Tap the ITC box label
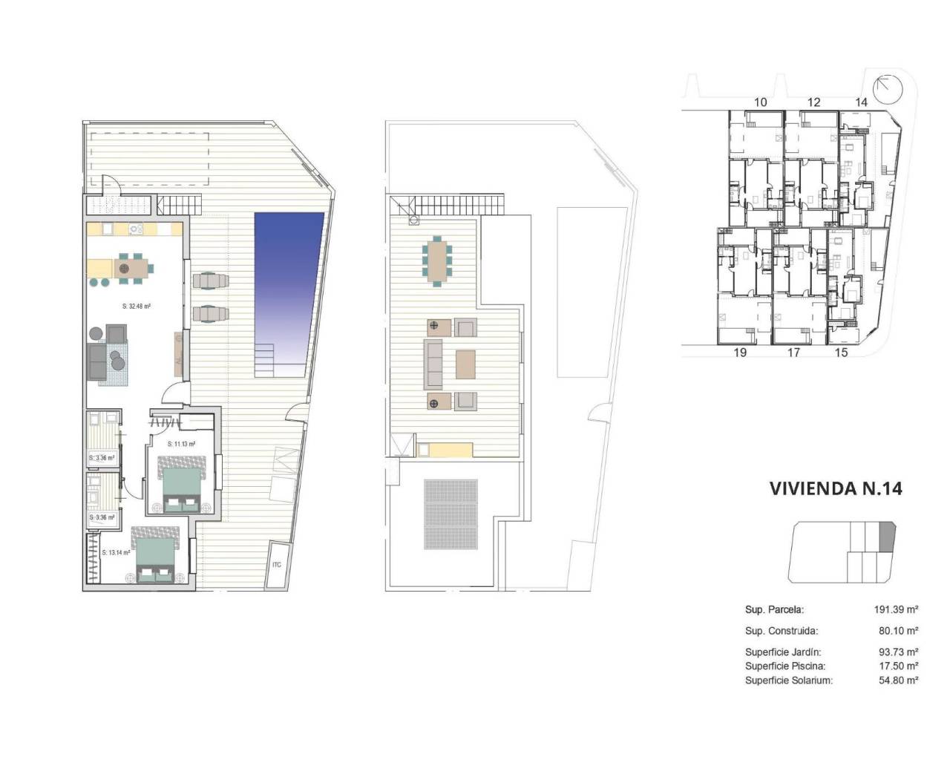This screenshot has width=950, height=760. pos(277,565)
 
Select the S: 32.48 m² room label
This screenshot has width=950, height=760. pos(137,306)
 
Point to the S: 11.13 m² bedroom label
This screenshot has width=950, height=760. pos(181,444)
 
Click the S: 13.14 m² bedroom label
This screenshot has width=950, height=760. pos(116,552)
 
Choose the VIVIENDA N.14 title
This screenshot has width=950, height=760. pos(836,488)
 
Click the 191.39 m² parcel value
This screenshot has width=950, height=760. pos(897,609)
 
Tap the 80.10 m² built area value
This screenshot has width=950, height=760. pos(898,631)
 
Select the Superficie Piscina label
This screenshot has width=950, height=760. pos(785,666)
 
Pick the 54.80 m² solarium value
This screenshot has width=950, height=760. pos(898,680)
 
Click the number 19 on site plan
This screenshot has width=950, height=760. pos(740,353)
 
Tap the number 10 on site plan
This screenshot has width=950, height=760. pos(760,102)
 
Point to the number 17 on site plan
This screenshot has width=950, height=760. pos(793,353)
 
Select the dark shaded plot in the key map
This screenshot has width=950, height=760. pos(887,537)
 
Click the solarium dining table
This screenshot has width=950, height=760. pos(438,260)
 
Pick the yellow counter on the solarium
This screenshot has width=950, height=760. pos(445,450)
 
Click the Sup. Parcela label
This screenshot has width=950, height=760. pos(774,609)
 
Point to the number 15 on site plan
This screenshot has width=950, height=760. pos(841,353)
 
